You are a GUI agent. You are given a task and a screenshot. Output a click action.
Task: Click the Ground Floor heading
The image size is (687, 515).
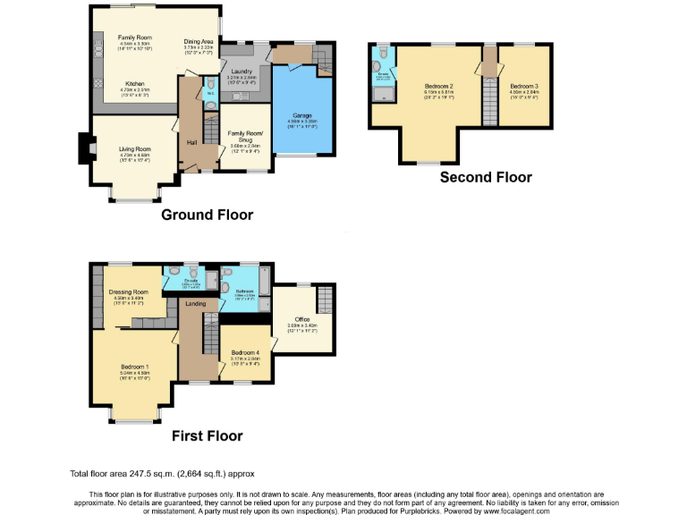coord(207,215)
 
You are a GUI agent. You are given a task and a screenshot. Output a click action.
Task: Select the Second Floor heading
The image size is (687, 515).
coord(486,177)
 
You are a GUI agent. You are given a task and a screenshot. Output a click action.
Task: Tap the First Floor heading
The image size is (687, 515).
coord(207,435)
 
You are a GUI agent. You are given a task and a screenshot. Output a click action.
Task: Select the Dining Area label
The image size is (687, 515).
coord(199,41)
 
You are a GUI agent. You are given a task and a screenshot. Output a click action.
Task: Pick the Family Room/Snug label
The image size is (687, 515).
coord(243,135)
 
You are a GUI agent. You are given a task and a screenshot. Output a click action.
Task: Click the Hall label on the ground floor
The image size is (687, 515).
coord(191,141)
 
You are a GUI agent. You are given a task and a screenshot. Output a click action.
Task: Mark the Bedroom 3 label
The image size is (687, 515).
coord(522,86)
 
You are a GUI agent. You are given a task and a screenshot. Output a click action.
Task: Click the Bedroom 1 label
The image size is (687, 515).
coord(135,367)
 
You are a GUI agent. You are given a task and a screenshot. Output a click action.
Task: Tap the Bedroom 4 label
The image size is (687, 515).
coord(244,353)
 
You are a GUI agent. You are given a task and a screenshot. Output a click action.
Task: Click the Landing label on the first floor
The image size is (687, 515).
coord(194,304)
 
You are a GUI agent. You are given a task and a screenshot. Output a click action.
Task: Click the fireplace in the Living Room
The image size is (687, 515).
coord(84,148)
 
